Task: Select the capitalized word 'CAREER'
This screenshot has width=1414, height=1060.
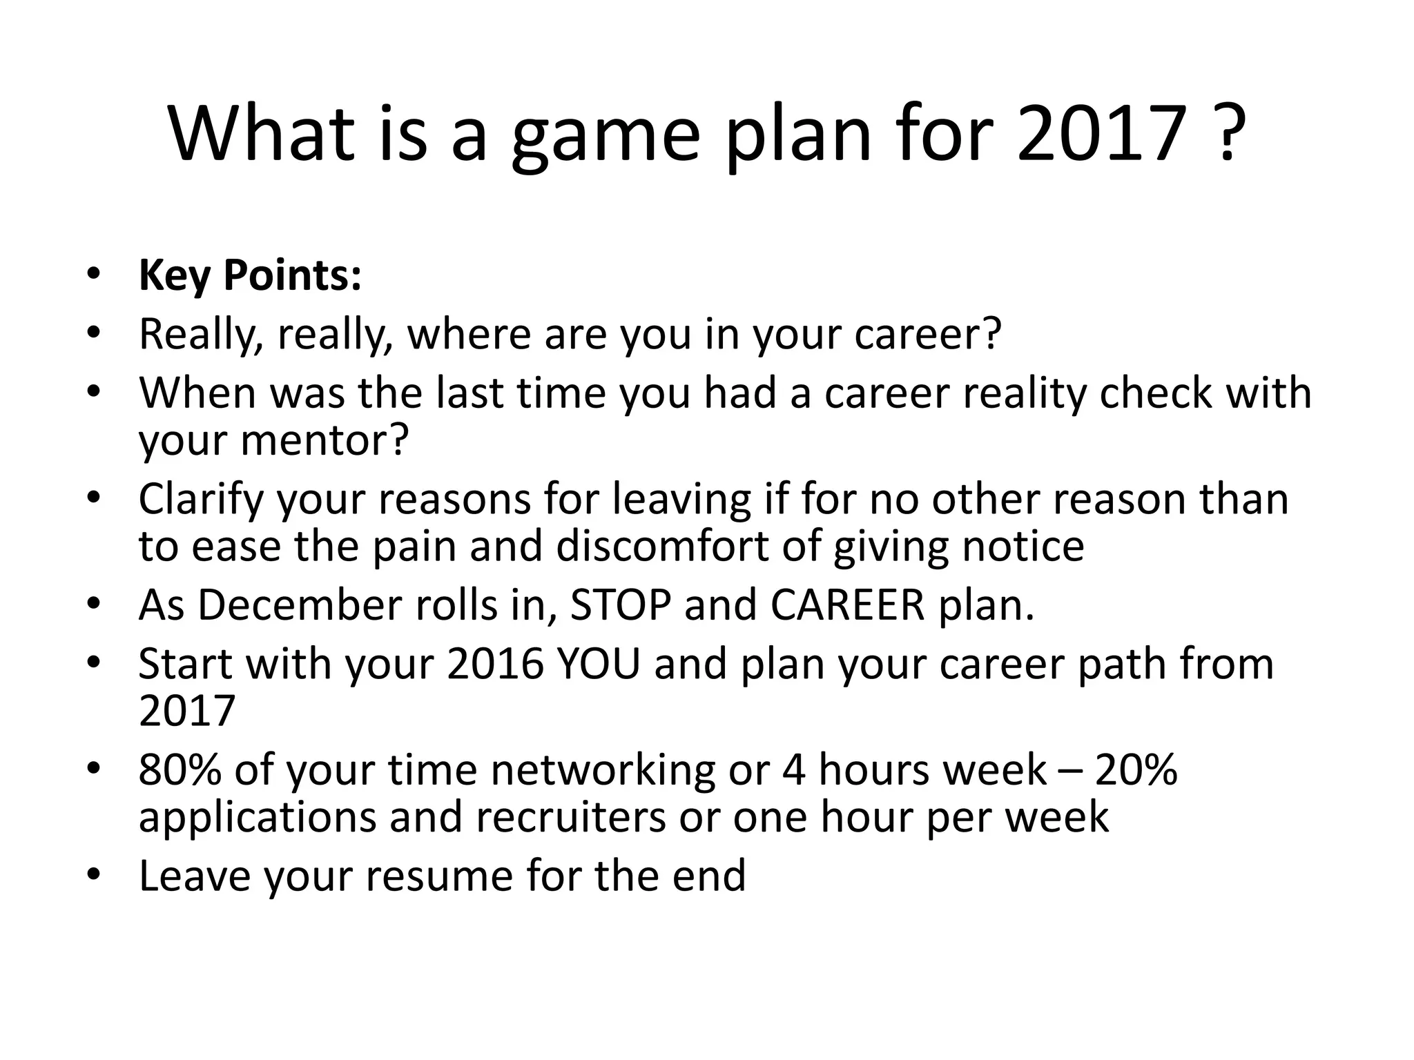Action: click(847, 605)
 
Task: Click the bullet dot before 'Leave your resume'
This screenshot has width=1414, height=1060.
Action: click(94, 875)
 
